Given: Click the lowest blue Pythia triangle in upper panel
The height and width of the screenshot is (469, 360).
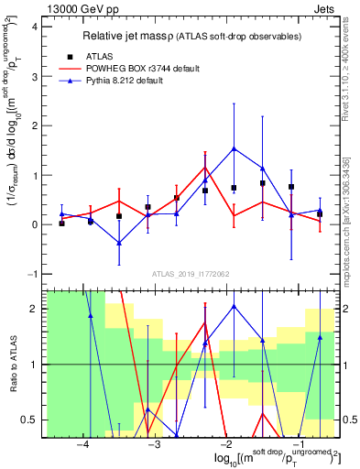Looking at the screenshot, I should [119, 243].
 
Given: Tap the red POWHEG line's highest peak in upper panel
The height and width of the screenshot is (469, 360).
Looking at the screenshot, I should [205, 167].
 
